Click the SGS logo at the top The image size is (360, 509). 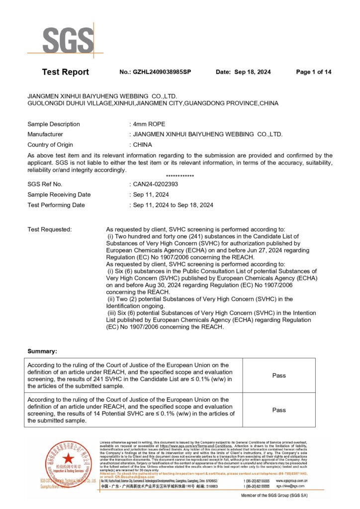tap(68, 40)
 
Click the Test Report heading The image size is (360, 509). tap(65, 72)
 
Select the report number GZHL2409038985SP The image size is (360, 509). tap(162, 72)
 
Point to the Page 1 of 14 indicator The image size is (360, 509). tap(313, 72)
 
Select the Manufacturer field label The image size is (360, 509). tap(45, 134)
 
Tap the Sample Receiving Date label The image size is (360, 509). tap(59, 194)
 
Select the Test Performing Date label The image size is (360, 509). tap(56, 205)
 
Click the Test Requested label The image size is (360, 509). tap(50, 229)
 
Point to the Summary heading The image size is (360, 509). tap(42, 351)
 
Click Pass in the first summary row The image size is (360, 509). tap(279, 375)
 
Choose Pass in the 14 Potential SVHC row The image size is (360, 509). tap(279, 410)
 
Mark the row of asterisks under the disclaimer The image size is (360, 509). tap(180, 176)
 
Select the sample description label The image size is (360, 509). tap(54, 124)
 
